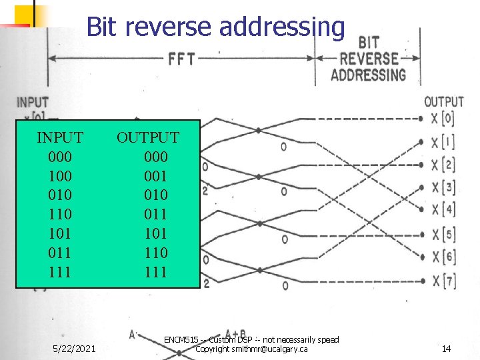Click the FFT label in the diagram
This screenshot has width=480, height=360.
[181, 59]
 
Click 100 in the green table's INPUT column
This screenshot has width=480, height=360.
[60, 176]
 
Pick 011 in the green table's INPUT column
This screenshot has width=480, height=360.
[60, 253]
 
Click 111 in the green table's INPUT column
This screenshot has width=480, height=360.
[60, 272]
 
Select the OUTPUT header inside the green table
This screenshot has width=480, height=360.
[148, 138]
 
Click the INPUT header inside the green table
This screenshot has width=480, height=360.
[60, 138]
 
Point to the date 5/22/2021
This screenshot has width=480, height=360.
[74, 349]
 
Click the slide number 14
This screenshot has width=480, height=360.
[447, 349]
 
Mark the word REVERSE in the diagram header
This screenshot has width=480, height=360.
[369, 59]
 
